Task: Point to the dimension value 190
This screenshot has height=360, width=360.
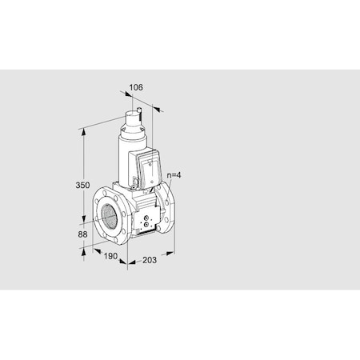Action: click(112, 257)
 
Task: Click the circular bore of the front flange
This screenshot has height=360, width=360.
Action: click(109, 215)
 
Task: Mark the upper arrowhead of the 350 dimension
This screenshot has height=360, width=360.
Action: click(84, 129)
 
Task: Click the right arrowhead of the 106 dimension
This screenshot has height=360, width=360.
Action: click(157, 107)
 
